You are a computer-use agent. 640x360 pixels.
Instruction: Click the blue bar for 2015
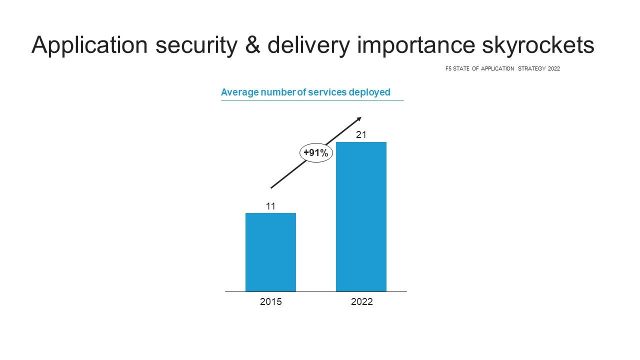click(x=270, y=252)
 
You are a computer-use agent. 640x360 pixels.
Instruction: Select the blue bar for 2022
click(x=361, y=217)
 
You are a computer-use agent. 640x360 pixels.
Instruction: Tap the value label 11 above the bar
click(x=270, y=206)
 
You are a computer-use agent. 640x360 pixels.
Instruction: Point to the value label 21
click(x=361, y=134)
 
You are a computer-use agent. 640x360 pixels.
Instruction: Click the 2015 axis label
click(x=271, y=301)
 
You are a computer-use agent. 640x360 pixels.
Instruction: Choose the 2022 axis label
click(x=361, y=301)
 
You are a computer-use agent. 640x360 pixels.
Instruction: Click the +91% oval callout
click(x=316, y=153)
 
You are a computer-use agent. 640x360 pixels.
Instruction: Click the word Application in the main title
click(x=89, y=45)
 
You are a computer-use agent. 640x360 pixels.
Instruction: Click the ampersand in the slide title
click(x=253, y=45)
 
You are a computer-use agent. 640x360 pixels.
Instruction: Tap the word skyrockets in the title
click(x=538, y=45)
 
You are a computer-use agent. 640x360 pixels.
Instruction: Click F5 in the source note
click(x=448, y=68)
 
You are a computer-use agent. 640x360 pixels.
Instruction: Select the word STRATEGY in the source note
click(x=531, y=68)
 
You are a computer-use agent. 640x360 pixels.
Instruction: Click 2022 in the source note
click(x=554, y=68)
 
